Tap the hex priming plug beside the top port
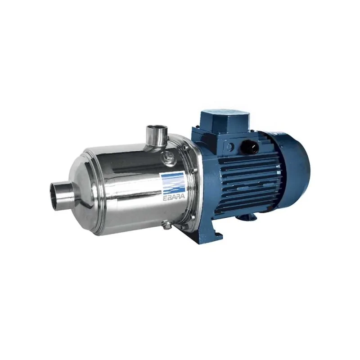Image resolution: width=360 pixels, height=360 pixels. [170, 156]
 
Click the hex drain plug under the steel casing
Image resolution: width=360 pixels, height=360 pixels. [167, 223]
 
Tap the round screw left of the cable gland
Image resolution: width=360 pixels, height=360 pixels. [230, 146]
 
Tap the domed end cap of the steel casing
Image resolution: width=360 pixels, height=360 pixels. [85, 193]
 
